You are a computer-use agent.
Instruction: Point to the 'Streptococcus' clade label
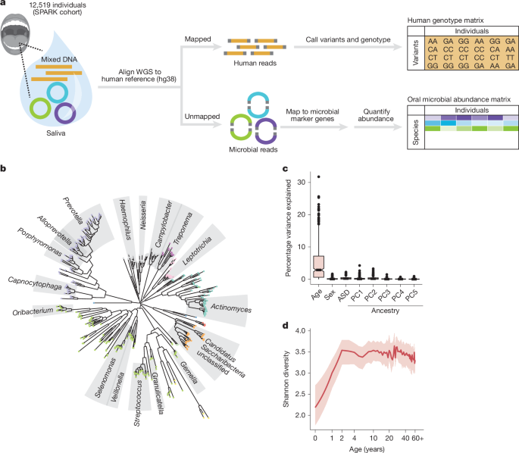click(141, 387)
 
